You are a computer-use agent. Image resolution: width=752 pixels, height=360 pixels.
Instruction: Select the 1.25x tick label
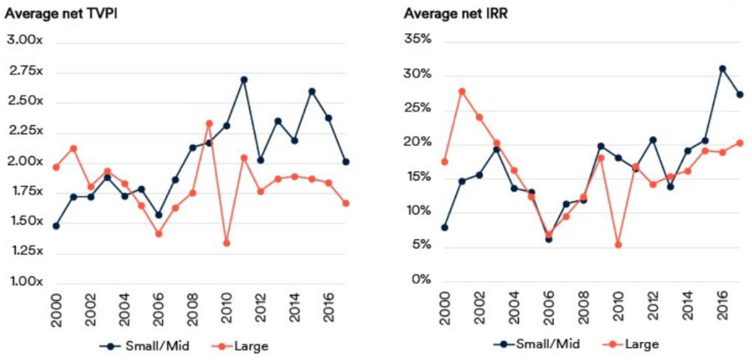(25, 251)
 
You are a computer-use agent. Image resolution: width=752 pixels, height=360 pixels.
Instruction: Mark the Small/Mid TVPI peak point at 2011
(244, 79)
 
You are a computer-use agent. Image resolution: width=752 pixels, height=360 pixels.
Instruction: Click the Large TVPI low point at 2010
(226, 243)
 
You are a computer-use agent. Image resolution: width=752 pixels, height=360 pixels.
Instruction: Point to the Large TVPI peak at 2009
(209, 123)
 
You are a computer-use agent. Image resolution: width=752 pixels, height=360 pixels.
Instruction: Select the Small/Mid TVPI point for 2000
(56, 226)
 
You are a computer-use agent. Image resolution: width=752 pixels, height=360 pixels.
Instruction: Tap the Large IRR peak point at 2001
(462, 91)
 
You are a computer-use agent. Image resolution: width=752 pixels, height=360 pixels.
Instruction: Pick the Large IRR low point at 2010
(618, 245)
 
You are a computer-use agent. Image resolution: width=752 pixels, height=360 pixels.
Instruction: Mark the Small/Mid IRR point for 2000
(444, 227)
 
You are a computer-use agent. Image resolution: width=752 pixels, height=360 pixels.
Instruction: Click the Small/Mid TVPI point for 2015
(312, 91)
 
